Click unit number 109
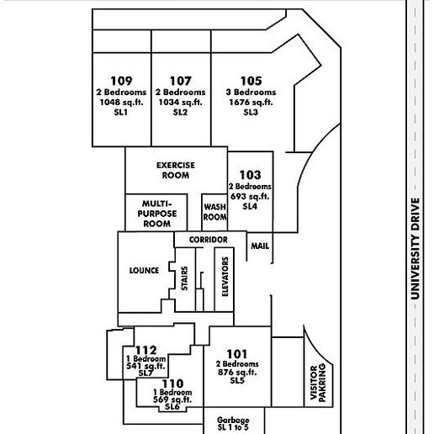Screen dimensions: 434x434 (121, 81)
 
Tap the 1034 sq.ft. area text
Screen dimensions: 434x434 (180, 102)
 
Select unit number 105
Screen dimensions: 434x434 (251, 81)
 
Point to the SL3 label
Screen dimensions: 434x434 (251, 112)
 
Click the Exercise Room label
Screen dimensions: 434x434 (176, 170)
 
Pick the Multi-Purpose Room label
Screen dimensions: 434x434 (157, 214)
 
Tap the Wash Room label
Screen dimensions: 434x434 (215, 212)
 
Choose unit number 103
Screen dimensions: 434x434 (251, 175)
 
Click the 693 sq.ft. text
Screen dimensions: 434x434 (250, 196)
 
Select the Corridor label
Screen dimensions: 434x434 (209, 240)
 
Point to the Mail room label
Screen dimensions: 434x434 (260, 246)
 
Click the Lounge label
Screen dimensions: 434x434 (144, 271)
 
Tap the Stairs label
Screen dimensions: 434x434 (184, 278)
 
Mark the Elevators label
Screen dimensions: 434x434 (225, 277)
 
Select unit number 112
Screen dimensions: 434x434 (146, 351)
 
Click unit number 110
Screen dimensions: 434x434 (172, 384)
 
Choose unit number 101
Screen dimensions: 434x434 (237, 354)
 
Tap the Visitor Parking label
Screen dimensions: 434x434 (318, 383)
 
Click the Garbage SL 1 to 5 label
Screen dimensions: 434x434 (233, 424)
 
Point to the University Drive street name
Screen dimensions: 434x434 (415, 249)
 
